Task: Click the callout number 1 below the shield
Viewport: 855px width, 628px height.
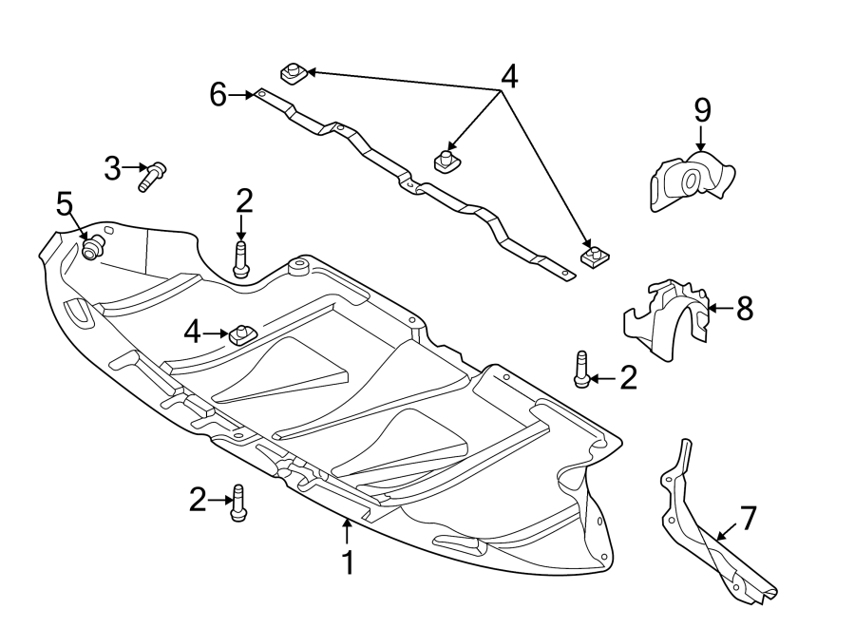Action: coord(348,562)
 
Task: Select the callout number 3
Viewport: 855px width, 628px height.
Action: coord(113,170)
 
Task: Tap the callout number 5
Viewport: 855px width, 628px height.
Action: coord(64,203)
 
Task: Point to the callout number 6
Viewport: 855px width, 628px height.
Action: coord(218,94)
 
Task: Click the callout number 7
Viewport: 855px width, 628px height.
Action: coord(748,519)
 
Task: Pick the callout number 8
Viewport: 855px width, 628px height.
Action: coord(744,308)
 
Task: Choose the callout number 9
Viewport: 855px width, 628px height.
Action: coord(702,110)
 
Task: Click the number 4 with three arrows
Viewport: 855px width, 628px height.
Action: coord(509,76)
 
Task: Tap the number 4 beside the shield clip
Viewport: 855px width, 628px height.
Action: coord(193,333)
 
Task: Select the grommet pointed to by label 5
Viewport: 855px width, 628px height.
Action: coord(93,249)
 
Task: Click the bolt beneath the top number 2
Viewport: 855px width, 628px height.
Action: coord(240,260)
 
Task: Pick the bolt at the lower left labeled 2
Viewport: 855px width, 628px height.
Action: coord(238,503)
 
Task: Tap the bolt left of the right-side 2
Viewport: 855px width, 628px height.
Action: coord(580,370)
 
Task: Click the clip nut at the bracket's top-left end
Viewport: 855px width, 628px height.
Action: coord(292,72)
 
